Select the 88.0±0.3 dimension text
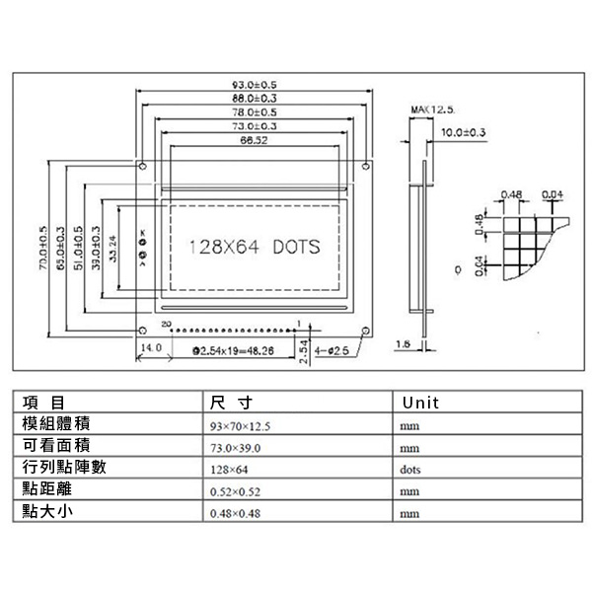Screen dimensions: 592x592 point(254,100)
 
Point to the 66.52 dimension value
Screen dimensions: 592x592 point(254,140)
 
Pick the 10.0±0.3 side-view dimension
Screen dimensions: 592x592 point(462,131)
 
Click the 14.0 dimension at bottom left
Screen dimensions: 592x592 point(151,348)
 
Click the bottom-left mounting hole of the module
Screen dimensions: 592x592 point(144,331)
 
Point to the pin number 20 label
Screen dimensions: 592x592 point(165,323)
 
